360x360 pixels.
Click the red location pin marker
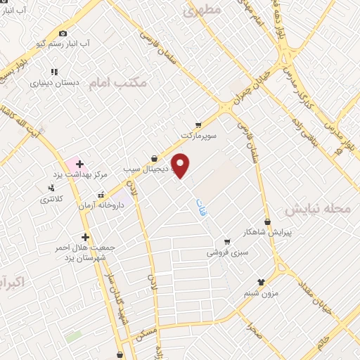pyautogui.click(x=181, y=165)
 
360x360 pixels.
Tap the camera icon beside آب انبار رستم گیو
pyautogui.click(x=63, y=33)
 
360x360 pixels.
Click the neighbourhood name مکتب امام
pyautogui.click(x=120, y=83)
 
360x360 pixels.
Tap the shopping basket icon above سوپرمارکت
pyautogui.click(x=199, y=123)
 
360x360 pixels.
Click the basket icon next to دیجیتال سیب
pyautogui.click(x=154, y=158)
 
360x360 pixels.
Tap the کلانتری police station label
pyautogui.click(x=51, y=199)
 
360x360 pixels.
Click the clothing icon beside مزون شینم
pyautogui.click(x=261, y=282)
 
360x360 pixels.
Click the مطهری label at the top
pyautogui.click(x=202, y=11)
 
